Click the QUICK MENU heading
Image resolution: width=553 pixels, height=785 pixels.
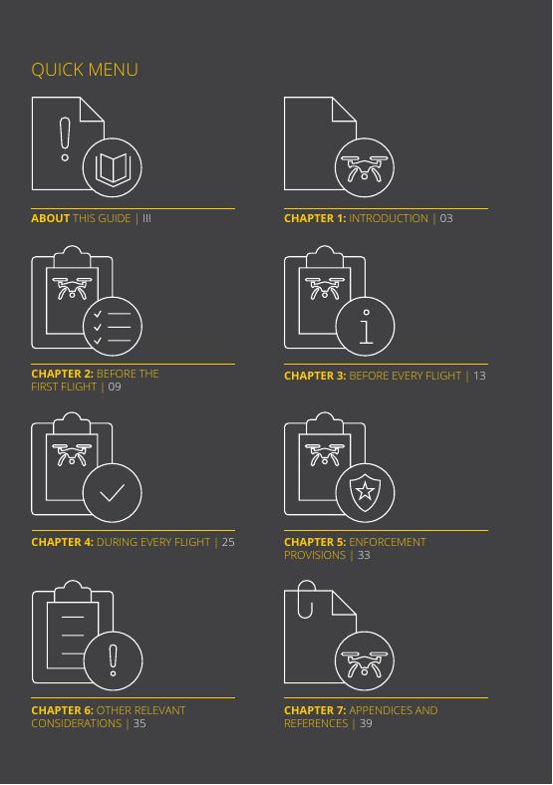[84, 70]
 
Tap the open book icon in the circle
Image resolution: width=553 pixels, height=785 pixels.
[113, 167]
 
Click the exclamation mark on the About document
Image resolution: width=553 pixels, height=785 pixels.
[65, 139]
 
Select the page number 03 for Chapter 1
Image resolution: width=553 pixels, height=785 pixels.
[445, 218]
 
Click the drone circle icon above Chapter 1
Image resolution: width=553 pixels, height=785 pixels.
[364, 167]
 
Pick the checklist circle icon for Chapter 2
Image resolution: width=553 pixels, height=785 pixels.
[113, 327]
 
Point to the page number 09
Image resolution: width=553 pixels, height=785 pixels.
[115, 387]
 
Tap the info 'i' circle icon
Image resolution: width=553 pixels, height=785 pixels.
[365, 327]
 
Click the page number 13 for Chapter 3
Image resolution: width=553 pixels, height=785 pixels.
[479, 376]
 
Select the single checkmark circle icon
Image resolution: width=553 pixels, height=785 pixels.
[113, 493]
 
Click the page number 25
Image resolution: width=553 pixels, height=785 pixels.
[228, 542]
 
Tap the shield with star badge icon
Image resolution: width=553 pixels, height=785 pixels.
[365, 493]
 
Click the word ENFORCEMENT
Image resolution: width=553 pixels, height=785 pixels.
[388, 542]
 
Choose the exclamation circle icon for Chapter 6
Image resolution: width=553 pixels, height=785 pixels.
[114, 660]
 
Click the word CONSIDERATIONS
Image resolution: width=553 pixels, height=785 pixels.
[76, 723]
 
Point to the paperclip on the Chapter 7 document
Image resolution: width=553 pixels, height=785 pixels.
[306, 600]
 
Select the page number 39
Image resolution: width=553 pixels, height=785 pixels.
[366, 723]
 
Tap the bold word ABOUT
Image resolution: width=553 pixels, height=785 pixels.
[50, 218]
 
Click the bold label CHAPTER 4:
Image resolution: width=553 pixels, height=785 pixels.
[62, 542]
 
